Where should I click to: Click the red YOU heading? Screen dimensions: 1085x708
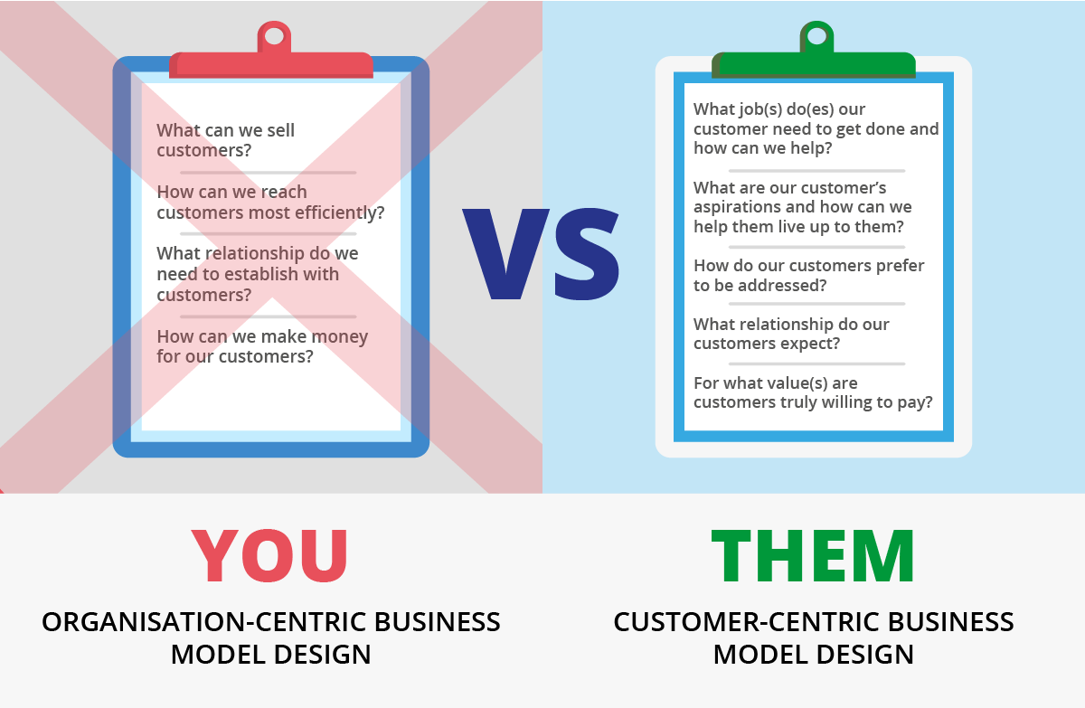tap(269, 555)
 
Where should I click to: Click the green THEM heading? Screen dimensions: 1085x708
tap(813, 555)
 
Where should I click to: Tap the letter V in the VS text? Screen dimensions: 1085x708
tap(506, 254)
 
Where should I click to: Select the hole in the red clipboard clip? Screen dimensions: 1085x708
tap(274, 36)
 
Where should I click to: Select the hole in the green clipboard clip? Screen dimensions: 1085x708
tap(816, 36)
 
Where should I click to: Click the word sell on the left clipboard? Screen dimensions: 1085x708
tap(279, 130)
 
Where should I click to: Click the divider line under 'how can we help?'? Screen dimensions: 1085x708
tap(816, 171)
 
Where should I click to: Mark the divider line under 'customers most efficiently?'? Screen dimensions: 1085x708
tap(269, 234)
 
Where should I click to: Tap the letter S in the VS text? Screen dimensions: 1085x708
tap(587, 254)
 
